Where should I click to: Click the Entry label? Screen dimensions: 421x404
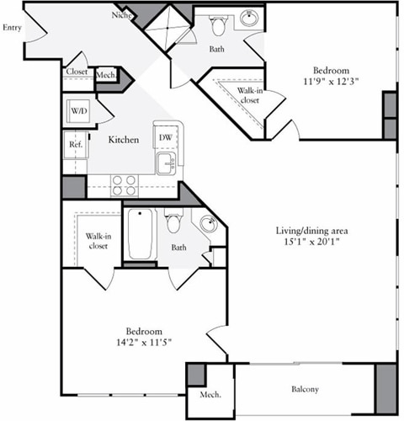12,28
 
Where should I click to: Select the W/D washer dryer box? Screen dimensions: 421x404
79,110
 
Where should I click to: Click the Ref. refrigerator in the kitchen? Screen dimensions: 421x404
73,145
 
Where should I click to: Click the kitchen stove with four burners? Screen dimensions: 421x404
125,184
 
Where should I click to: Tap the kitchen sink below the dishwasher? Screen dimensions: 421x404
165,163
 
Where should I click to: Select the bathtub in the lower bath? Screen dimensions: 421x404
140,233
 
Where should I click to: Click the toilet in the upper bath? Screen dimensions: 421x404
218,26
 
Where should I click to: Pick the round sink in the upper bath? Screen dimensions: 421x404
249,18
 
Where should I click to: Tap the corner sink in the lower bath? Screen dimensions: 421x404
209,224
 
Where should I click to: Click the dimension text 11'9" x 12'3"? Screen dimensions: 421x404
326,83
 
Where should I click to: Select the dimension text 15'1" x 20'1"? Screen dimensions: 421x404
312,242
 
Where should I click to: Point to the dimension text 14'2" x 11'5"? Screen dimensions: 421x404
144,343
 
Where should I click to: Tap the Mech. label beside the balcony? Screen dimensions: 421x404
210,395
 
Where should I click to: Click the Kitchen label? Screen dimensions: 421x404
123,140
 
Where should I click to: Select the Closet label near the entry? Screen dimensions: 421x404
77,73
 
